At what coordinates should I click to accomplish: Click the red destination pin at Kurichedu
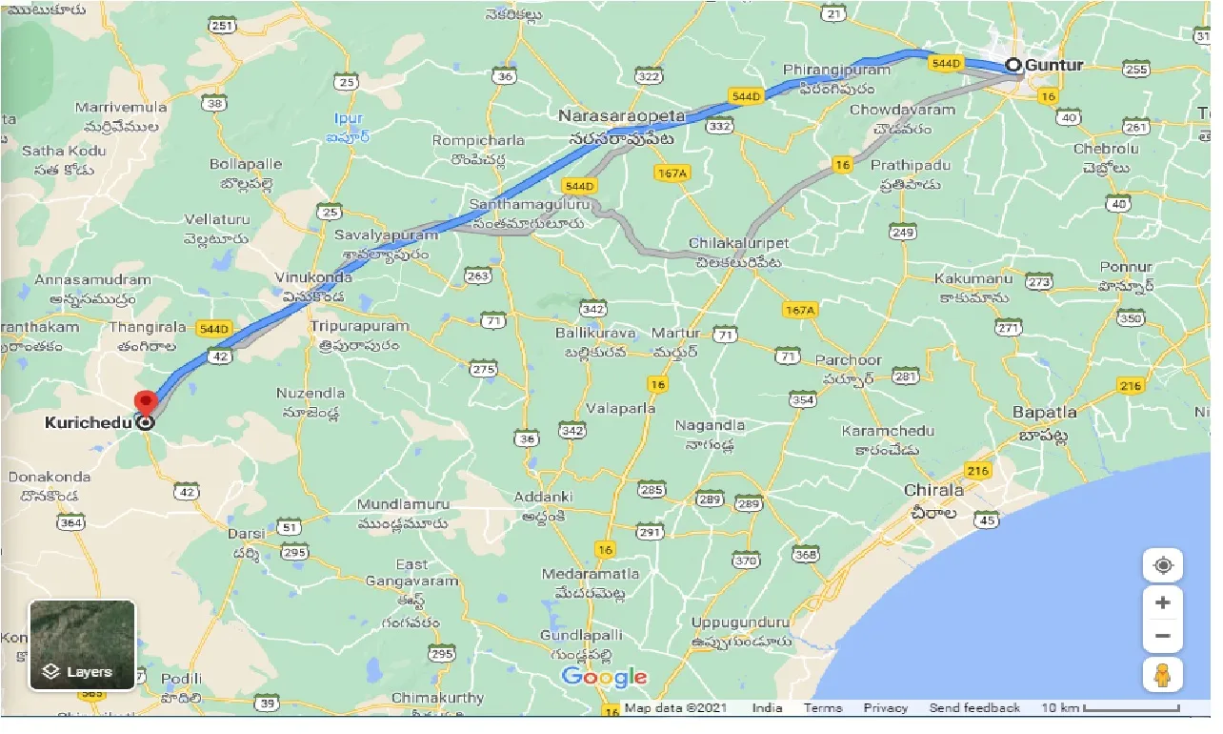(x=145, y=403)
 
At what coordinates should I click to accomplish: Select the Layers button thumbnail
(x=82, y=644)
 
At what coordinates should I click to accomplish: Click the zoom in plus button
(x=1162, y=602)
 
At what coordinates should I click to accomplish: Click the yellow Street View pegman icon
(x=1162, y=674)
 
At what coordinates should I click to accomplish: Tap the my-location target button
(x=1162, y=565)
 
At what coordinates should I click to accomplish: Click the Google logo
(x=604, y=678)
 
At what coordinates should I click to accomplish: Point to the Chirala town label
(x=932, y=490)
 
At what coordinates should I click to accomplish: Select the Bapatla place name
(x=1045, y=412)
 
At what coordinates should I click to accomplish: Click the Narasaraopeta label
(x=621, y=116)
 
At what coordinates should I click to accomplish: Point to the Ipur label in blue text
(x=349, y=119)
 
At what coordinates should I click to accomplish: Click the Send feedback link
(x=973, y=708)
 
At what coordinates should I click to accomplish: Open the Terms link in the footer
(x=822, y=708)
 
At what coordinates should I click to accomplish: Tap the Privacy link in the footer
(x=885, y=708)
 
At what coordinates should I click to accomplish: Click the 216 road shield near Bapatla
(x=1131, y=385)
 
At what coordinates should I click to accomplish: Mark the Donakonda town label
(x=50, y=477)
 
